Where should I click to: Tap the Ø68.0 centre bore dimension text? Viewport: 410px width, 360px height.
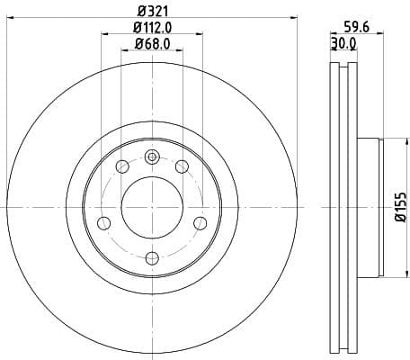coord(151,43)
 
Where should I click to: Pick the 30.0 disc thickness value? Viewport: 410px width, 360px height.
coord(343,43)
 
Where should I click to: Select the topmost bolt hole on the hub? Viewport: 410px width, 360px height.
coord(151,157)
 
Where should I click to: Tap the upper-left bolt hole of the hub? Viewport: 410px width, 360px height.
coord(121,166)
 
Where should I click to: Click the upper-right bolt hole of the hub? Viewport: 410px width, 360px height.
coord(182,166)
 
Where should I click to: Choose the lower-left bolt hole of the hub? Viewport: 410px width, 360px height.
coord(103,222)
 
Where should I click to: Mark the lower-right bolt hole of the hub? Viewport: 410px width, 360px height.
coord(200,222)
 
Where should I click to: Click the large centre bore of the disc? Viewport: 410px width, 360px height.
coord(151,207)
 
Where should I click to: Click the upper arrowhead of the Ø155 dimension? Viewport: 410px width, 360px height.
coord(384,139)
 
